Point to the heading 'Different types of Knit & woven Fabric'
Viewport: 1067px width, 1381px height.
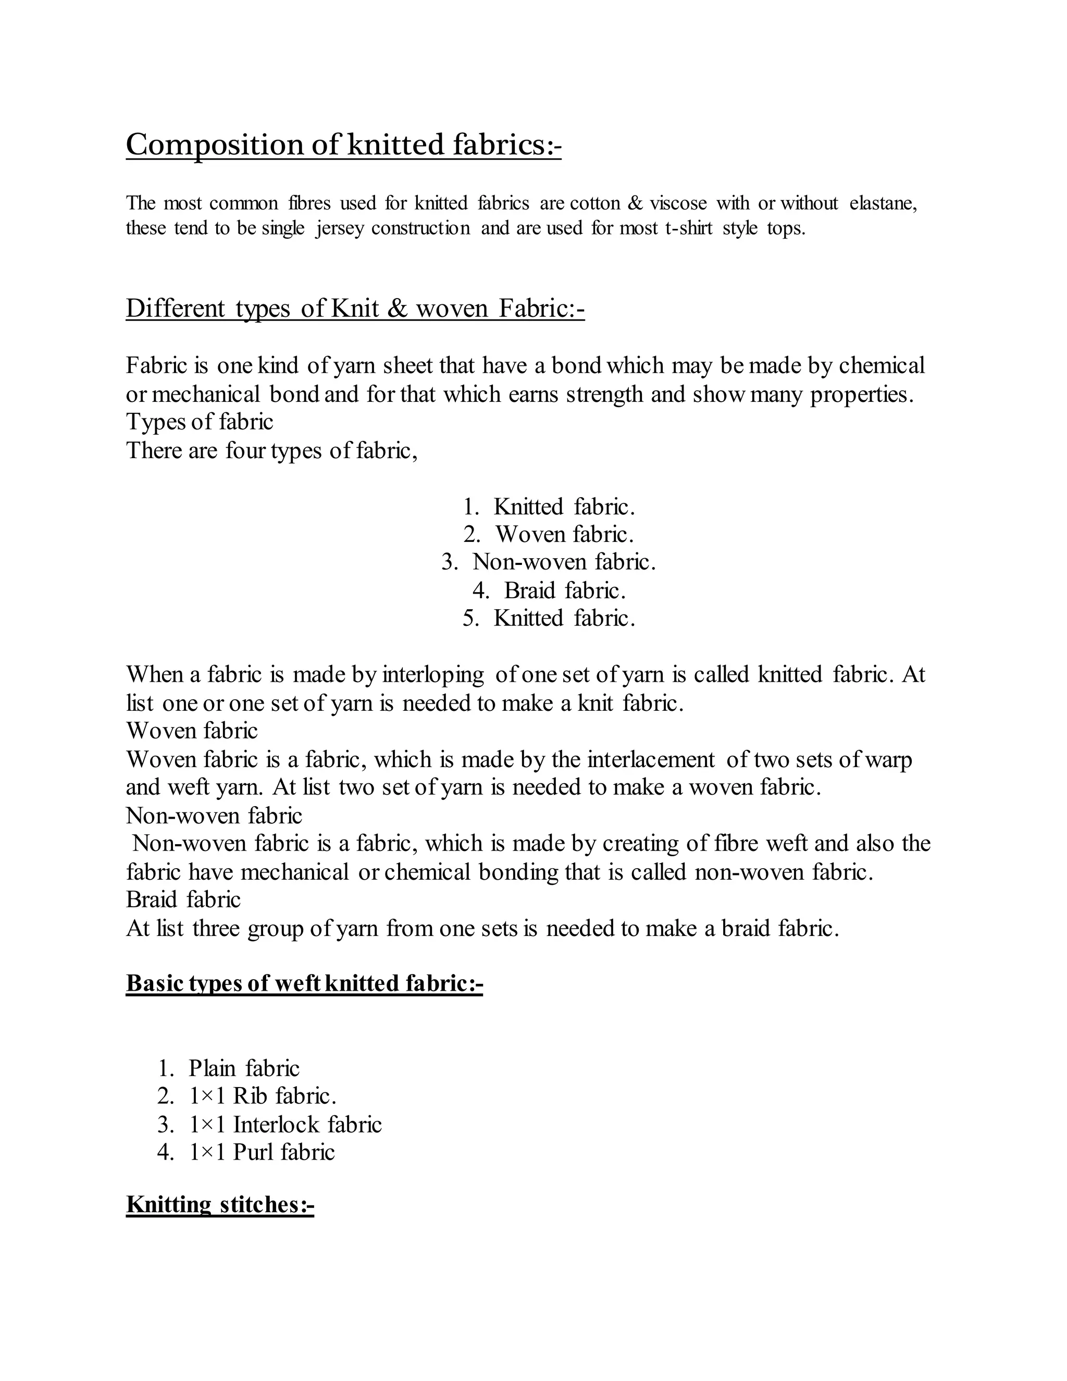click(355, 309)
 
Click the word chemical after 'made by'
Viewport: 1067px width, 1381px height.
click(882, 365)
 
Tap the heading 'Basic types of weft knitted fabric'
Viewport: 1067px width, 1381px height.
click(304, 983)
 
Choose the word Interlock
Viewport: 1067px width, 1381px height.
click(276, 1124)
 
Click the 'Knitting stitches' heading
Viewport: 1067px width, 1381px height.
click(220, 1204)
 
